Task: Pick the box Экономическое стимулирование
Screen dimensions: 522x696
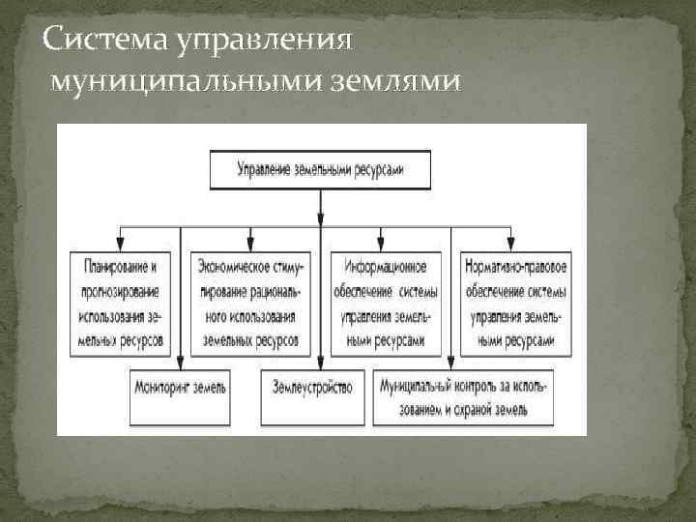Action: tap(250, 303)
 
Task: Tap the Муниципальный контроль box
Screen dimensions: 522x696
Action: tap(465, 396)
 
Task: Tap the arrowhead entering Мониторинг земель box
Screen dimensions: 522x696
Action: tap(182, 364)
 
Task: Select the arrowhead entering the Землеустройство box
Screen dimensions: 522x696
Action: tap(318, 364)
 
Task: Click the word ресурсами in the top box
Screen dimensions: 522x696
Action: tap(375, 170)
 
